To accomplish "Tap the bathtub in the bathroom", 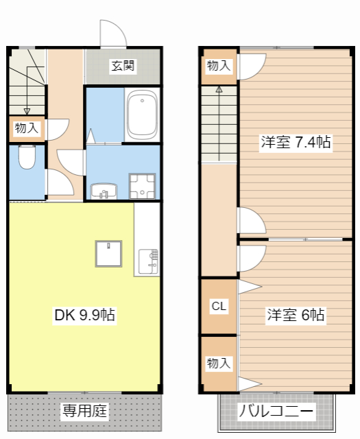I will [143, 115].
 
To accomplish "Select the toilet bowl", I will [27, 158].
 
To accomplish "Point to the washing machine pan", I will [143, 184].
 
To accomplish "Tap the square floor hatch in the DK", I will [108, 254].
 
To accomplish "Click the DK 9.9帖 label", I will [84, 315].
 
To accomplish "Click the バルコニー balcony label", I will [276, 412].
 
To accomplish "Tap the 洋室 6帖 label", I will [296, 315].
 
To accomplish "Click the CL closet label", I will [219, 306].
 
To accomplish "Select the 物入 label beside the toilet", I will [27, 128].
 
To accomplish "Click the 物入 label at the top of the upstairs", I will [219, 66].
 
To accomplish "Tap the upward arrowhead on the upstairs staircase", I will [219, 90].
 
